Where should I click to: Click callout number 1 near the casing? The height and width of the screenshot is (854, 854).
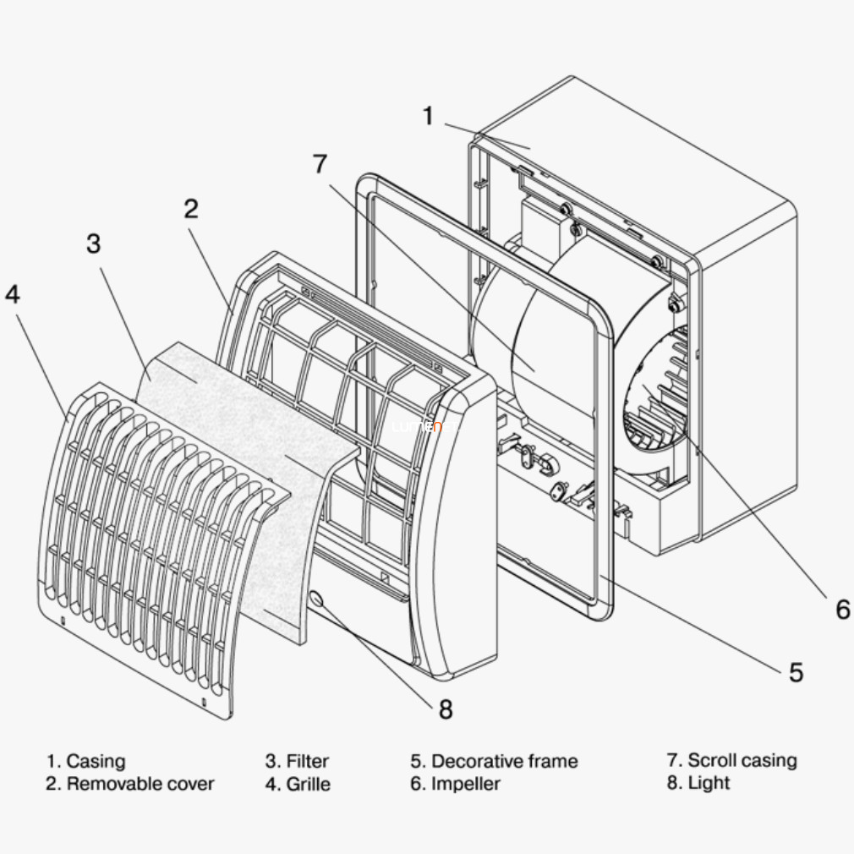(x=428, y=116)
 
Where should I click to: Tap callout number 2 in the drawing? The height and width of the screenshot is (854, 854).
(x=191, y=209)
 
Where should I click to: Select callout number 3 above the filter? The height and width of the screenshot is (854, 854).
(x=93, y=244)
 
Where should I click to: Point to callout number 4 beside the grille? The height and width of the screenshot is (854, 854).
(x=12, y=294)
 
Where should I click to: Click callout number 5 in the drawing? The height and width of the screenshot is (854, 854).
(x=796, y=672)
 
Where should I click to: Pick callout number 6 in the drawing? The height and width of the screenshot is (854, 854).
(x=842, y=609)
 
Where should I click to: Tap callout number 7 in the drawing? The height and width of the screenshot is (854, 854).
(x=320, y=164)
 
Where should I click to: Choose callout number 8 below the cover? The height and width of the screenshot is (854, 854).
(x=445, y=709)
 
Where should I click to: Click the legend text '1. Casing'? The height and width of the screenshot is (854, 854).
(x=85, y=762)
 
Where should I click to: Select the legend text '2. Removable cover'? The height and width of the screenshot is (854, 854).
(x=130, y=784)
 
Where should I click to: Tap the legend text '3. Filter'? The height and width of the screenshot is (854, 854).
(x=297, y=762)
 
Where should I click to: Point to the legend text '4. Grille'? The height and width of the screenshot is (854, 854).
(x=298, y=784)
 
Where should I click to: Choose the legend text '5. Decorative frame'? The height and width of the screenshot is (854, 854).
(x=495, y=761)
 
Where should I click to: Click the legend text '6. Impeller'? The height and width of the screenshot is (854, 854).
(x=456, y=784)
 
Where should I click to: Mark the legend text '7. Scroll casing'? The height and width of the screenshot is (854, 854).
(x=731, y=760)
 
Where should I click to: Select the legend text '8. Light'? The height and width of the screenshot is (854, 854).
(x=698, y=783)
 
